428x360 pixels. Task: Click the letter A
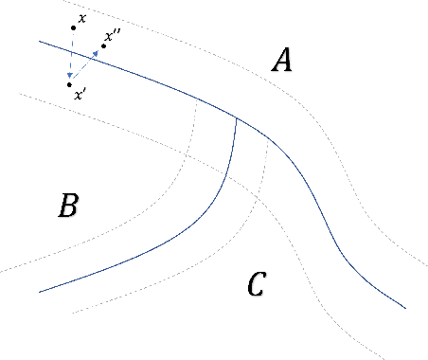(x=281, y=62)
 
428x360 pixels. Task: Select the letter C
(x=255, y=282)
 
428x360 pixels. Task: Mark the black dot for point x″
(x=104, y=45)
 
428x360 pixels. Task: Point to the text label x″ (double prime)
(x=112, y=36)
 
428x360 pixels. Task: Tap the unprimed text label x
(x=82, y=18)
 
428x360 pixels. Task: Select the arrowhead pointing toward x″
(x=98, y=52)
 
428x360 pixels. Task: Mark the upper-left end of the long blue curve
(x=39, y=41)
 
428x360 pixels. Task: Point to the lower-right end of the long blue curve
(x=405, y=307)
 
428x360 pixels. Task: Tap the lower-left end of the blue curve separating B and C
(x=39, y=291)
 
